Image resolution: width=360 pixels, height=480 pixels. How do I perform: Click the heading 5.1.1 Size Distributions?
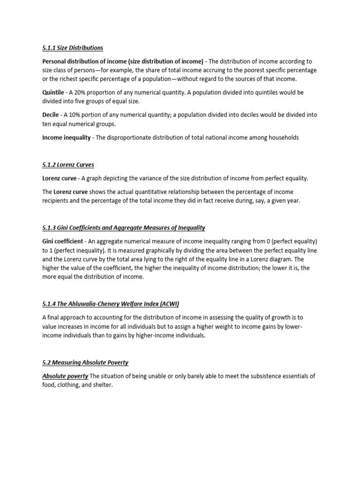tap(73, 48)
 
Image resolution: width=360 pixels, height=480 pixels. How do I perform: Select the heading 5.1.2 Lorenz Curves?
tap(68, 165)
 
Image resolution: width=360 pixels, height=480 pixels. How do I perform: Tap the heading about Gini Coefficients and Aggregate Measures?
tap(124, 228)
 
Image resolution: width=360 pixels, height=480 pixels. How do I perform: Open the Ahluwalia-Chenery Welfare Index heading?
tap(111, 304)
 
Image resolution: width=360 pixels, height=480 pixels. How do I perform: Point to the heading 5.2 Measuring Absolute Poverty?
tap(85, 362)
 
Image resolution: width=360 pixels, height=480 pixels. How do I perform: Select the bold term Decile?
tap(51, 115)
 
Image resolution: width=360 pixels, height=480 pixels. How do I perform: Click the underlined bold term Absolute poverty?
tap(65, 376)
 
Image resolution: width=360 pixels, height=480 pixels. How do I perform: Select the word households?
tap(282, 137)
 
